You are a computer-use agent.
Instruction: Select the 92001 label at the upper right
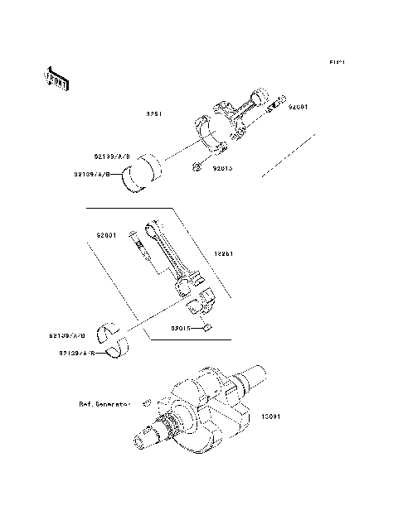coord(300,108)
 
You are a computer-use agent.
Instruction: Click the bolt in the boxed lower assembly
coord(138,251)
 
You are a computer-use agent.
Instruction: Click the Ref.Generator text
coord(105,405)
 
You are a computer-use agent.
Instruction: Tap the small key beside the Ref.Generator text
coord(144,403)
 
